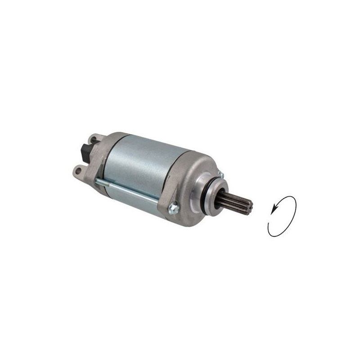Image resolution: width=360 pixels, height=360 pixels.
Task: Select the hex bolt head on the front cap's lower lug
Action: tap(173, 208)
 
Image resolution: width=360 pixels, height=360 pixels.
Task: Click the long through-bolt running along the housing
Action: tap(130, 191)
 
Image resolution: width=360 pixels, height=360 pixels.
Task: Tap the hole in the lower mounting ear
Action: tap(76, 171)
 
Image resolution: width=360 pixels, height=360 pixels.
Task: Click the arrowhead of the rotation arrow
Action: tap(274, 208)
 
